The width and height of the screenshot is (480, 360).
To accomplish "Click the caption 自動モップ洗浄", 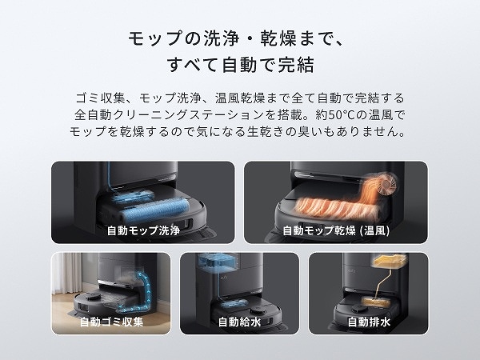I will tap(142, 230).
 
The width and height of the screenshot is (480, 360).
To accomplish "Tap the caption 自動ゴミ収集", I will tap(111, 322).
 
